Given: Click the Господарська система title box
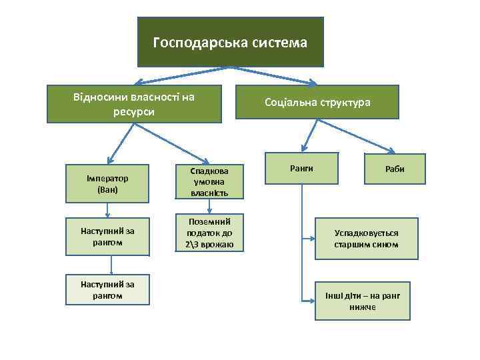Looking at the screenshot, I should pos(230,43).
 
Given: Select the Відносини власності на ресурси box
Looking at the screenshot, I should pos(134,104).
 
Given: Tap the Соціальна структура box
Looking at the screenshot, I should pos(317,103).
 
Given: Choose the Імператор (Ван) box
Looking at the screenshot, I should pos(107,184).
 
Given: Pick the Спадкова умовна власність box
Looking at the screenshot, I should pos(209,181).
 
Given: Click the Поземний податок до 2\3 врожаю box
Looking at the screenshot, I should pos(209,233).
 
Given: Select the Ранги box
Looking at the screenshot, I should pos(301,168).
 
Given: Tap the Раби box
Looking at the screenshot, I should pos(394,169).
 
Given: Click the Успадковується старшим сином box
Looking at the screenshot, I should pos(366,238).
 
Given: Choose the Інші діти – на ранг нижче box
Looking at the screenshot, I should pos(367,300).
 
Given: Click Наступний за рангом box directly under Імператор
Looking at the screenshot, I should pos(107,236).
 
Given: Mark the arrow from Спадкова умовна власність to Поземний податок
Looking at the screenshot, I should pos(209,207).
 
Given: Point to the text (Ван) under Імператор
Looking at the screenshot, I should pos(107,189).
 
